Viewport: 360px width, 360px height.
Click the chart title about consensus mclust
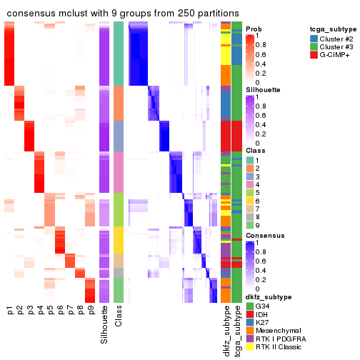click(122, 14)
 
